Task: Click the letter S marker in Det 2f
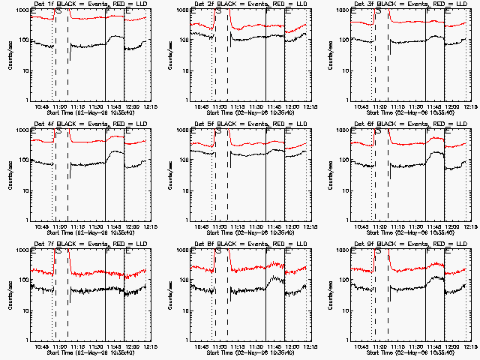[x=218, y=13]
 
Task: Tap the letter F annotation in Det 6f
[x=428, y=133]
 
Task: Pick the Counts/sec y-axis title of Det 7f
[x=10, y=294]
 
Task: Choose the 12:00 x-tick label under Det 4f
[x=131, y=226]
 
